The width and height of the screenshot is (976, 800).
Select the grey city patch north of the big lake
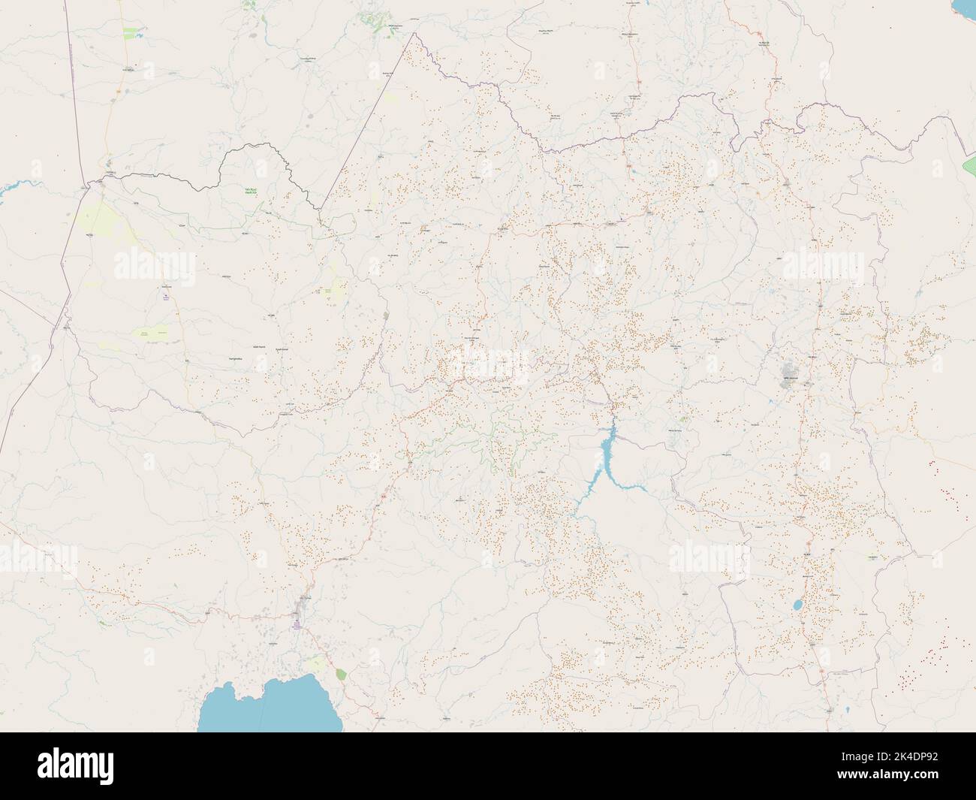click(305, 600)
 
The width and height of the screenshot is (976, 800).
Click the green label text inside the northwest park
click(250, 191)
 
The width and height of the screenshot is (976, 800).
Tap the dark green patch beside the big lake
click(342, 674)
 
